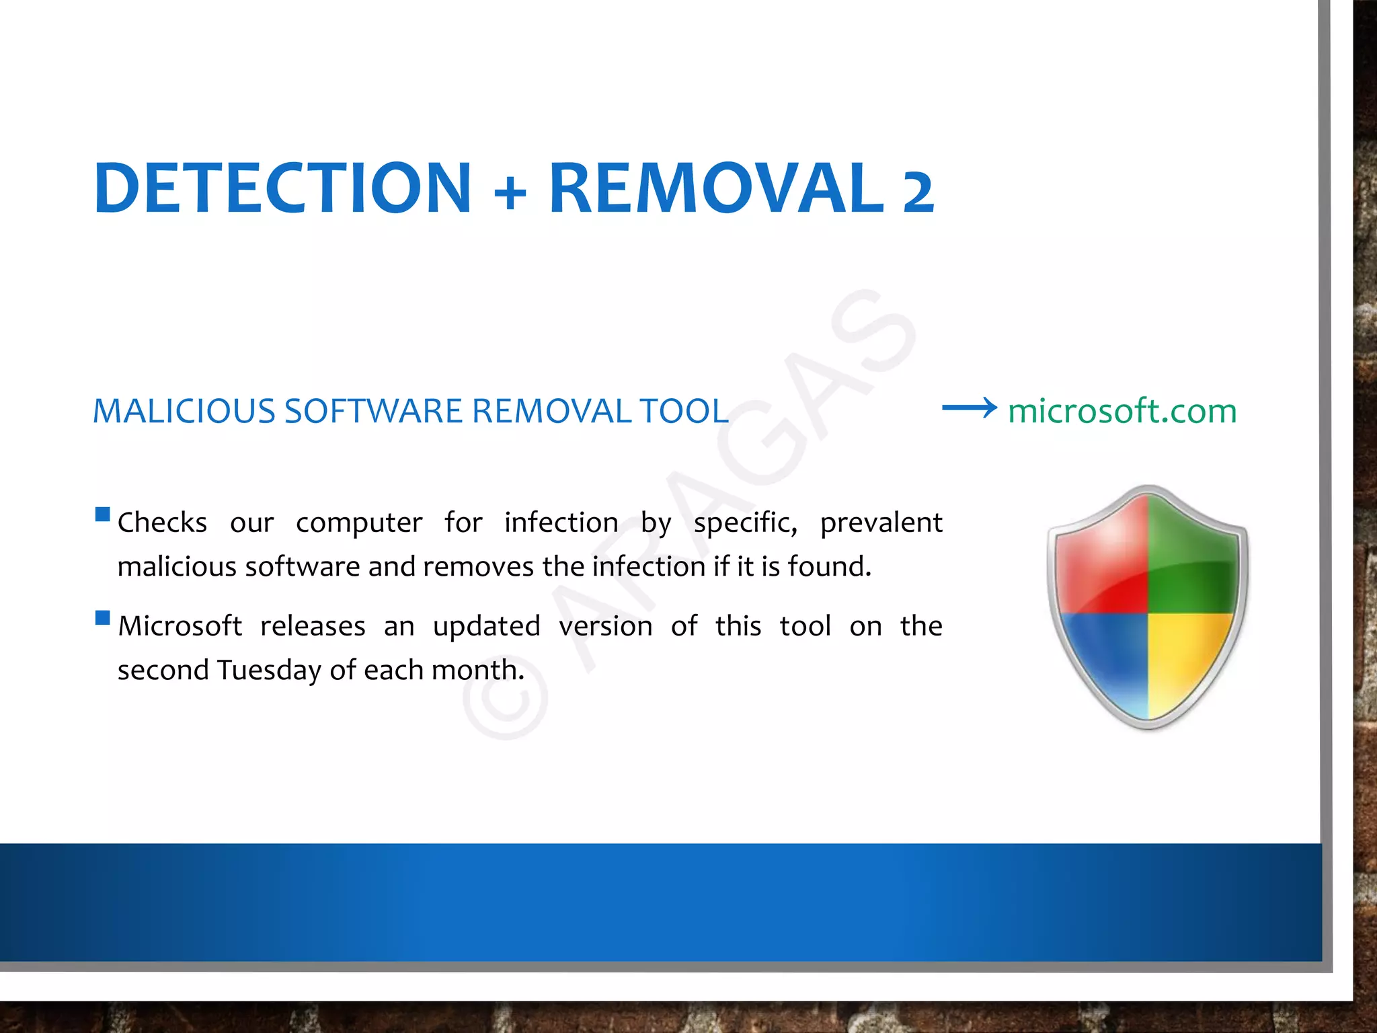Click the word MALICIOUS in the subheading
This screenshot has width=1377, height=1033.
pyautogui.click(x=184, y=411)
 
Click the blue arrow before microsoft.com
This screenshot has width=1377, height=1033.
pyautogui.click(x=969, y=408)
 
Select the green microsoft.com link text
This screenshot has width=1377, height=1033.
pyautogui.click(x=1122, y=411)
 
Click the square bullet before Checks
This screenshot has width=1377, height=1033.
pyautogui.click(x=103, y=515)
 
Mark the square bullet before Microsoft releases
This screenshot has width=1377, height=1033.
pyautogui.click(x=103, y=618)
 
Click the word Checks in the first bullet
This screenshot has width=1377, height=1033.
pyautogui.click(x=162, y=523)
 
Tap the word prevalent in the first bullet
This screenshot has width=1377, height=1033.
pyautogui.click(x=881, y=523)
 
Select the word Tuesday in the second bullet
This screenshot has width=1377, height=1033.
pyautogui.click(x=270, y=670)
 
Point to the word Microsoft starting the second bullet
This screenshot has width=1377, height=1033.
pyautogui.click(x=180, y=626)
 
